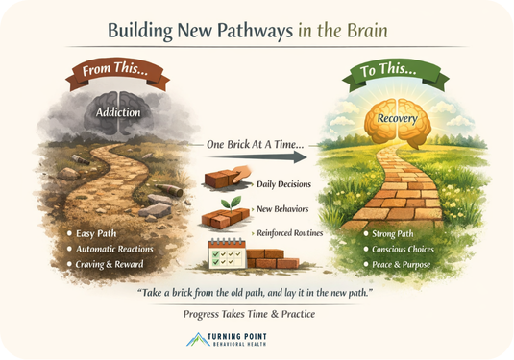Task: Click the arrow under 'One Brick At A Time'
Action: coord(257,157)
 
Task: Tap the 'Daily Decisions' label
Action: coord(285,183)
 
